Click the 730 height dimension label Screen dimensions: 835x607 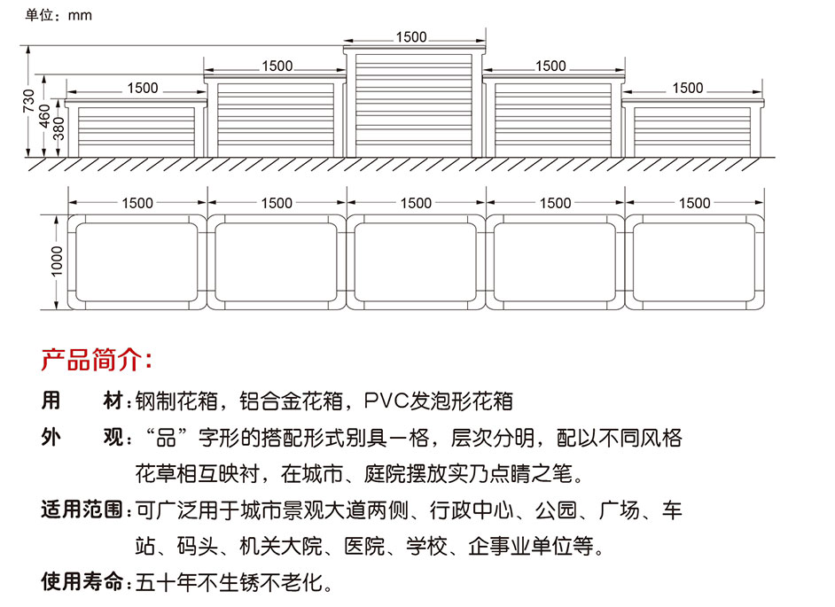click(x=28, y=101)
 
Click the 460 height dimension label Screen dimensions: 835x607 click(x=44, y=116)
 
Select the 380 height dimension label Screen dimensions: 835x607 click(x=59, y=128)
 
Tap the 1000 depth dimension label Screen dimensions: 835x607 click(x=57, y=261)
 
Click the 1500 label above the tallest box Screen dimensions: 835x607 click(x=411, y=36)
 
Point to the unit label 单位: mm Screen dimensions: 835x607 click(x=58, y=15)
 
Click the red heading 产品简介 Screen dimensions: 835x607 click(x=97, y=360)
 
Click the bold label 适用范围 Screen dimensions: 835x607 click(x=82, y=510)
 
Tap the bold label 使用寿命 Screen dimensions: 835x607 click(x=82, y=581)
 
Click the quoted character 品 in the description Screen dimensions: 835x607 click(x=166, y=438)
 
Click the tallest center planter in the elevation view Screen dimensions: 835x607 click(x=414, y=101)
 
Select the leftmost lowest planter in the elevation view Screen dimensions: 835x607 click(x=136, y=128)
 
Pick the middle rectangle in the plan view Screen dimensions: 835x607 click(x=416, y=262)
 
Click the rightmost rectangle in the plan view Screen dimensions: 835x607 click(x=694, y=262)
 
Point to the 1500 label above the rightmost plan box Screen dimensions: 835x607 click(x=694, y=203)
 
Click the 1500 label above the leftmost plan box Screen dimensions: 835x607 click(x=137, y=203)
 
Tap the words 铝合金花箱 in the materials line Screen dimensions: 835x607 click(x=291, y=401)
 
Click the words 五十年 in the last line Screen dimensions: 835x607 click(x=166, y=581)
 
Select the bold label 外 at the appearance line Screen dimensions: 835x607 click(x=51, y=437)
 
